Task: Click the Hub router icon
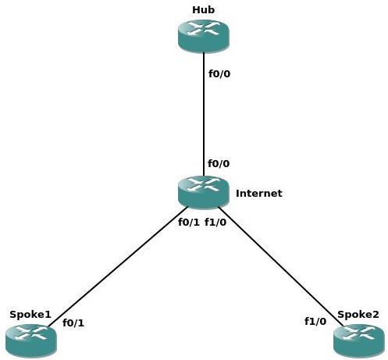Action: click(x=204, y=36)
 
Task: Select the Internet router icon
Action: click(x=204, y=192)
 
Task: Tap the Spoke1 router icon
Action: click(x=30, y=340)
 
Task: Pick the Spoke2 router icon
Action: click(x=359, y=340)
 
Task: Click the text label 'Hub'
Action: click(x=204, y=10)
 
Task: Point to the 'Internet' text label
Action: click(x=259, y=193)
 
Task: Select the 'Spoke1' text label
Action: click(x=30, y=315)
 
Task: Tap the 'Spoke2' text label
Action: click(x=358, y=315)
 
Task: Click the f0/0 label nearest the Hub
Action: click(x=219, y=74)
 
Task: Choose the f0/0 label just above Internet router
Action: click(x=219, y=163)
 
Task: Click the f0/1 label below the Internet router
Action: click(x=189, y=222)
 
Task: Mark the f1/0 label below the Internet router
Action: click(x=215, y=222)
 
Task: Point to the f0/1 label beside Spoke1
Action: click(x=73, y=323)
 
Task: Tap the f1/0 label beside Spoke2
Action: click(x=315, y=322)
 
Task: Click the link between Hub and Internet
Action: click(x=204, y=114)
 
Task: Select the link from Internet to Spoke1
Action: click(x=118, y=266)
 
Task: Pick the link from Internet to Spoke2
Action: click(x=280, y=266)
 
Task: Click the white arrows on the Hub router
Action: click(x=204, y=28)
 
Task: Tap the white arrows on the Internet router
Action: click(x=204, y=184)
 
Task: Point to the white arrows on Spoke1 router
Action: click(x=30, y=333)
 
